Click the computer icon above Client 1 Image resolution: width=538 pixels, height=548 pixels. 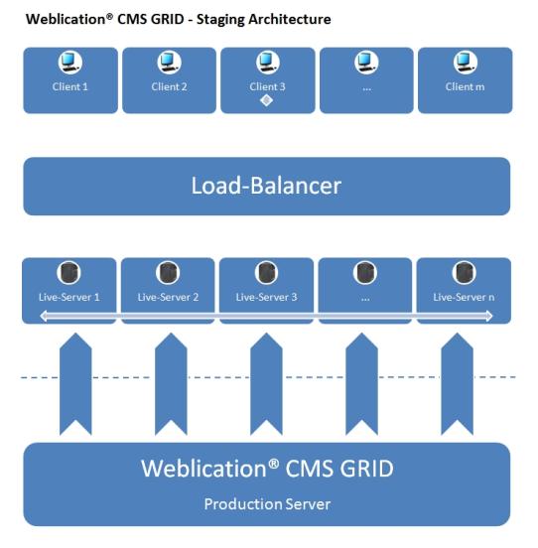(x=70, y=63)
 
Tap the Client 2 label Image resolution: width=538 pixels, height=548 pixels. (x=169, y=86)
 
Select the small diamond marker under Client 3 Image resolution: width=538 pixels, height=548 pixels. (x=266, y=100)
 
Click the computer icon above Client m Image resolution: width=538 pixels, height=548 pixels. (x=465, y=63)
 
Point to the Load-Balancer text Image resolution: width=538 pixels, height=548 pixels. (x=266, y=186)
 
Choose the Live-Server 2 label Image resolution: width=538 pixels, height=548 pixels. (x=169, y=296)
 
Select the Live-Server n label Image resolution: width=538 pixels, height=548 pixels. (x=465, y=296)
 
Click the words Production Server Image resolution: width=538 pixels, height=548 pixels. (x=266, y=504)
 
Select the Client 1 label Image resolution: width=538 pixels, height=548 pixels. (x=70, y=86)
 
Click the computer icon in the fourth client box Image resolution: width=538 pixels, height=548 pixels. (x=366, y=63)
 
